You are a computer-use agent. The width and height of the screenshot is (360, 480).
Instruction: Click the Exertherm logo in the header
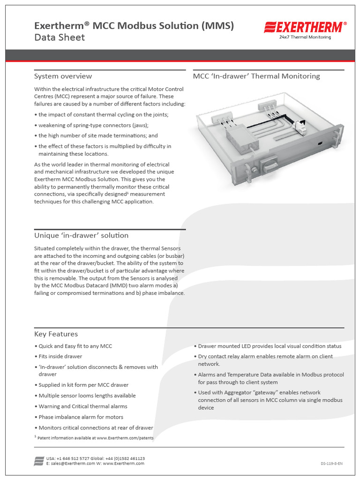305,27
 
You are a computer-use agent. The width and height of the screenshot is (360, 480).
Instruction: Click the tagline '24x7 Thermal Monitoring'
305,37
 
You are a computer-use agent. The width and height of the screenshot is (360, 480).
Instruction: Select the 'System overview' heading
63,76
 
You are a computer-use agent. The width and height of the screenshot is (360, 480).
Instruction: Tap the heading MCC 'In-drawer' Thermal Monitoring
256,76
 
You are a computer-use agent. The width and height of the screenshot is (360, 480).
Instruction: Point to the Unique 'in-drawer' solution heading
81,235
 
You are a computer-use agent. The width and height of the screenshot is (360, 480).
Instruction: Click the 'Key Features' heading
56,334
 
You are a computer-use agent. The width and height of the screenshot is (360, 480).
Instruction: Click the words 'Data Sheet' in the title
60,37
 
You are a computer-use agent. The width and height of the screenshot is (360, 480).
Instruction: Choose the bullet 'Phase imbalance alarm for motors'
81,417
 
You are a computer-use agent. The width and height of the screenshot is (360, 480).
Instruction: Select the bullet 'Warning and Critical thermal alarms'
82,406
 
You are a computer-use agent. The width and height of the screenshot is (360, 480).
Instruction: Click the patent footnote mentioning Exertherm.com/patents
96,438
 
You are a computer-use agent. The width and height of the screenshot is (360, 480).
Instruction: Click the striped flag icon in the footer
39,460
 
